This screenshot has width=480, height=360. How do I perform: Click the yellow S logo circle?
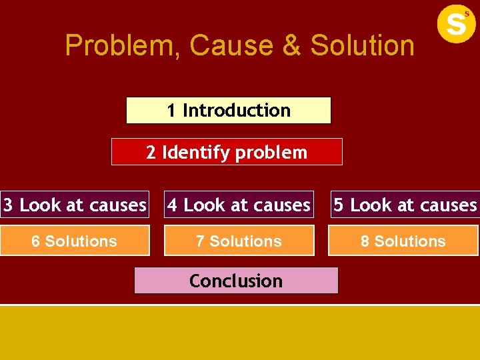click(456, 23)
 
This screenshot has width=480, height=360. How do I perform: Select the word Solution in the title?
click(362, 46)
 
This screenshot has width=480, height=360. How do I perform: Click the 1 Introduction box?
click(229, 111)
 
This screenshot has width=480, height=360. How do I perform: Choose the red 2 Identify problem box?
click(227, 152)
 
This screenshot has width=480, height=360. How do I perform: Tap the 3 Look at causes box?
click(75, 205)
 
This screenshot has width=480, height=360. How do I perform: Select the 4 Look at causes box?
click(239, 205)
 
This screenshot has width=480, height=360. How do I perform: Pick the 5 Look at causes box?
click(405, 205)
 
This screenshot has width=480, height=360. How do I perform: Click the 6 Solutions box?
click(75, 241)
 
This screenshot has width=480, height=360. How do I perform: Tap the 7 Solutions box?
click(239, 241)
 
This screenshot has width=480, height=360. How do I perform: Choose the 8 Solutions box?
click(403, 241)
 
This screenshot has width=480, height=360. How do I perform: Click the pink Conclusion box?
click(236, 281)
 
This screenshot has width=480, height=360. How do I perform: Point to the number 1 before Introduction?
click(171, 111)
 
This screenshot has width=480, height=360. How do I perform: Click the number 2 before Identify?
click(151, 153)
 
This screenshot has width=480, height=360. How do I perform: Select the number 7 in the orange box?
click(200, 241)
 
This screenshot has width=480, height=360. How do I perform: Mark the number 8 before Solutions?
click(365, 241)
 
